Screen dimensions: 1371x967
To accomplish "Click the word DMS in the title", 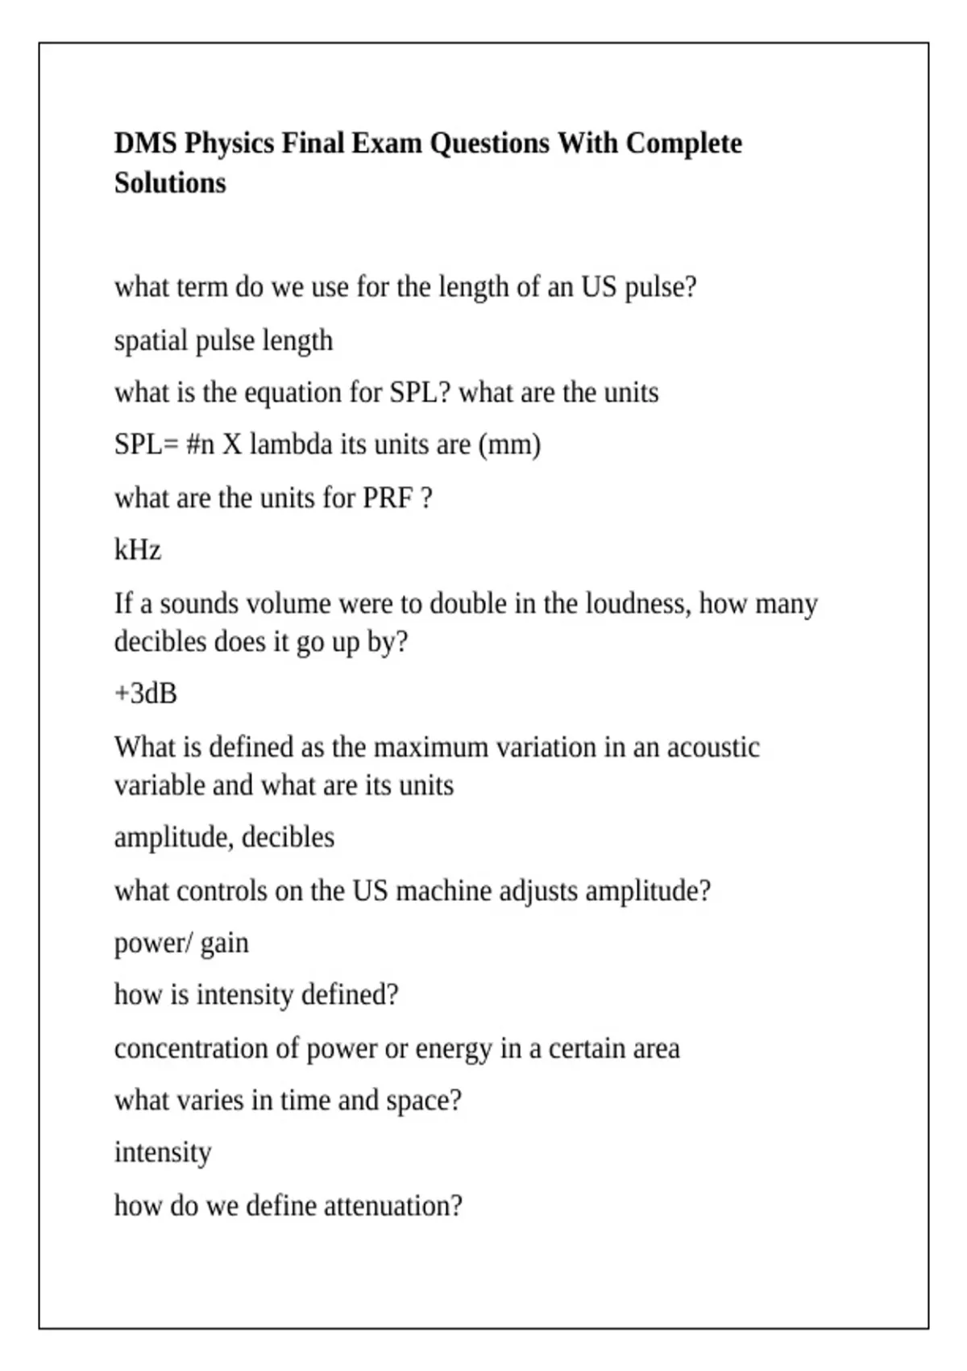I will click(x=146, y=144).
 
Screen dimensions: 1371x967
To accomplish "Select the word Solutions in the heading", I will click(x=170, y=183).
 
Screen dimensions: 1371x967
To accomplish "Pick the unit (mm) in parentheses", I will click(x=509, y=444).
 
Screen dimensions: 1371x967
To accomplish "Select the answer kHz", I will click(x=138, y=550).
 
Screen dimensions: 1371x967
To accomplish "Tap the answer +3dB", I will click(x=146, y=694).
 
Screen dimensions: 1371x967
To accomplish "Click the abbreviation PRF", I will click(x=388, y=498).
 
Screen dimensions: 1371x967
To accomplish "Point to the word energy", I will click(x=453, y=1048).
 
